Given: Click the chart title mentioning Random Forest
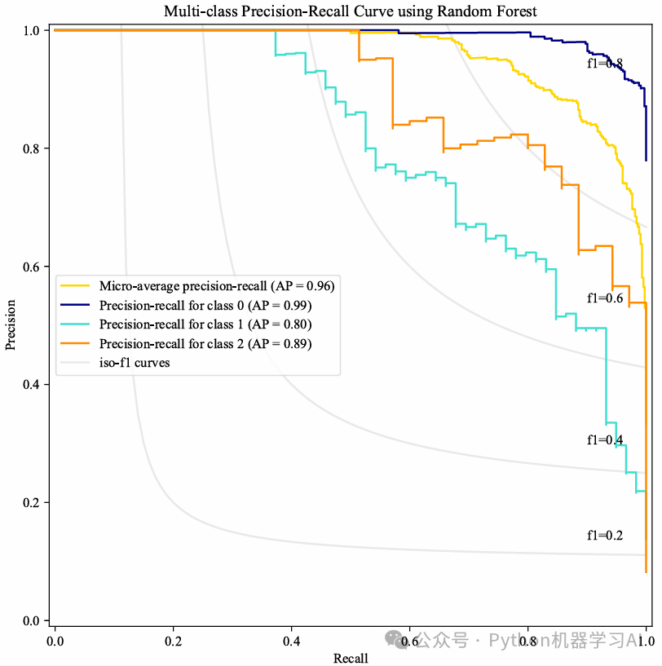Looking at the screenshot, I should pos(351,11).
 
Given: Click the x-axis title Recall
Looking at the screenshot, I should pos(351,658).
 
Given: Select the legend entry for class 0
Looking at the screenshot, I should pos(205,305).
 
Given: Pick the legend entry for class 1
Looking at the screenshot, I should pos(205,324).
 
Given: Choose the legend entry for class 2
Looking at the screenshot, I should pos(205,344).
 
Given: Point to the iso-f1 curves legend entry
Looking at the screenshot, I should pos(135,363).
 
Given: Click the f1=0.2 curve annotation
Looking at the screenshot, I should pos(605,536).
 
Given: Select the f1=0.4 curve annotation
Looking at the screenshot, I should pos(605,440).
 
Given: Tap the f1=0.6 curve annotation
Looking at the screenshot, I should pos(605,298).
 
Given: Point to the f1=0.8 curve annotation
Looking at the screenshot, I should pos(605,64).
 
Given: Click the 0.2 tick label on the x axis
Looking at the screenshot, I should pos(173,641).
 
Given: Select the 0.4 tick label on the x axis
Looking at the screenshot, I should pos(291,641).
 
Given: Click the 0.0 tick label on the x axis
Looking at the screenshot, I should pos(55,641).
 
